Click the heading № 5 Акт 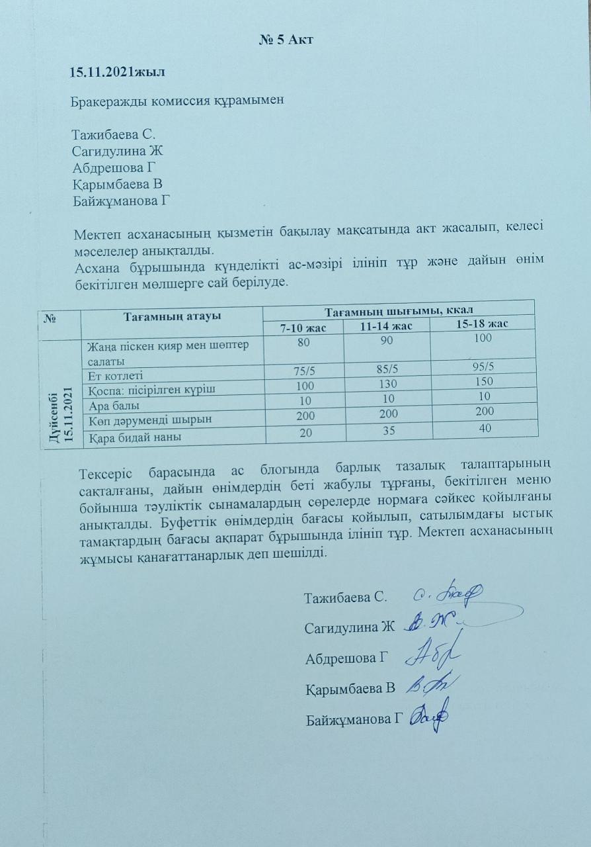(x=285, y=39)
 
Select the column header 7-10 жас (x=302, y=328)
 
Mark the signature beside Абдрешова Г (x=434, y=656)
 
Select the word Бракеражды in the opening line (x=108, y=102)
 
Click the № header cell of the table (x=50, y=318)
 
